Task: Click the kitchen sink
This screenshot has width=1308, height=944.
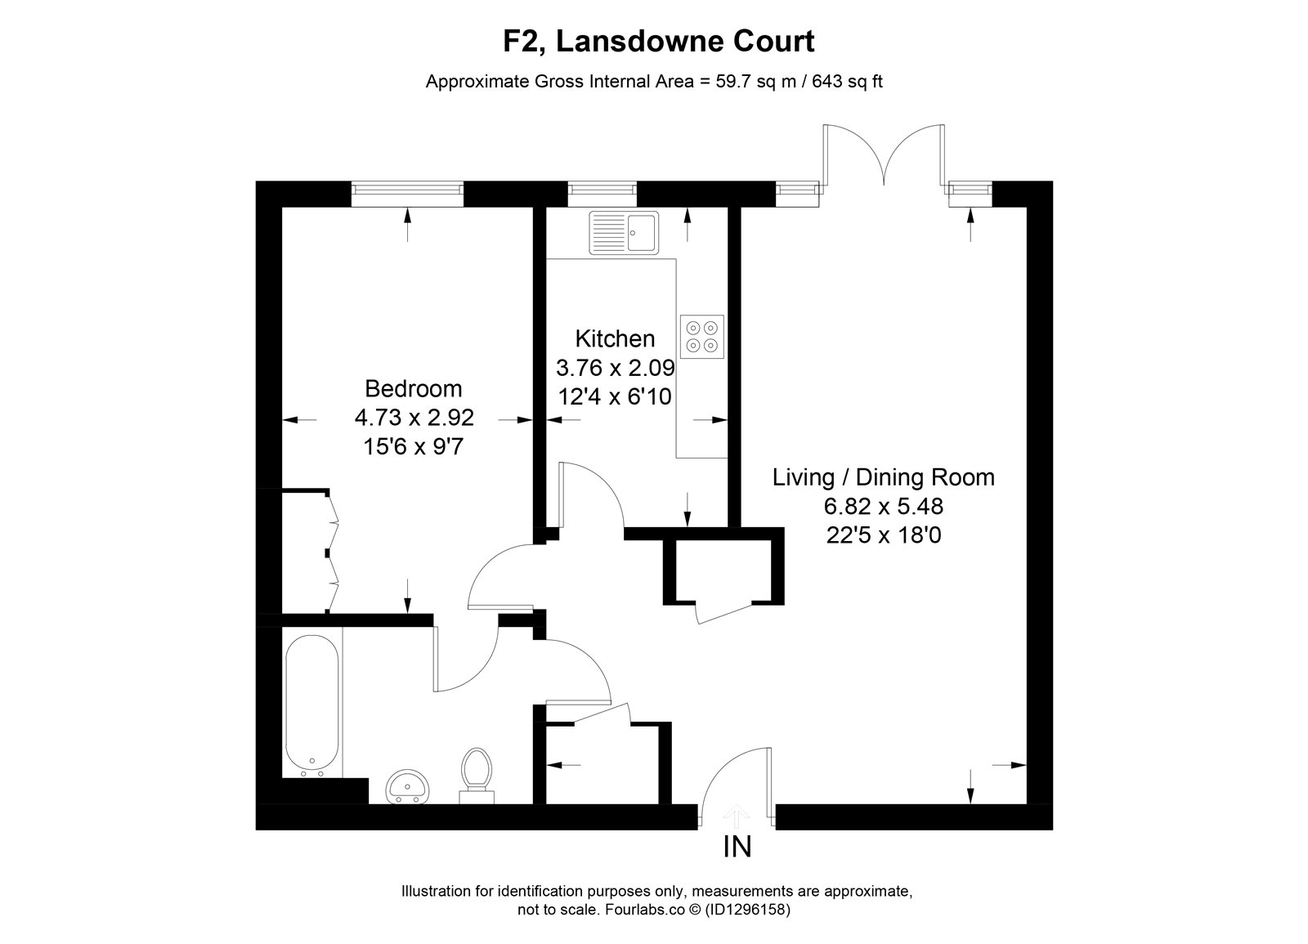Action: [624, 232]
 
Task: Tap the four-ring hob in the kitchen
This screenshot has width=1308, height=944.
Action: [702, 337]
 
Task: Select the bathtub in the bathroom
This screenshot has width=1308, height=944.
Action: [311, 706]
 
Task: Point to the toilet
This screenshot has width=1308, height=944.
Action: [477, 776]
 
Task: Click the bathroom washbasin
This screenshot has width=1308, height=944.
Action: [408, 786]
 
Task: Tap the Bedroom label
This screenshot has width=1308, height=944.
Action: [414, 388]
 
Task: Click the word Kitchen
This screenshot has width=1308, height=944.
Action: [615, 338]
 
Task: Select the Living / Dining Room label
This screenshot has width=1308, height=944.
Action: [884, 477]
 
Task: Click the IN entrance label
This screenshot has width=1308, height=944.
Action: [737, 847]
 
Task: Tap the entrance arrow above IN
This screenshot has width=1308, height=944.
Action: [737, 816]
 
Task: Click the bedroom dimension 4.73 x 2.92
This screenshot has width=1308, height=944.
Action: [414, 418]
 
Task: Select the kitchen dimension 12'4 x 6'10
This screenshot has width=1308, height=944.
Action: [615, 397]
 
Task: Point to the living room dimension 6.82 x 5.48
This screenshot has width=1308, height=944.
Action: [884, 506]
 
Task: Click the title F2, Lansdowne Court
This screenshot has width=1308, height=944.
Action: [659, 42]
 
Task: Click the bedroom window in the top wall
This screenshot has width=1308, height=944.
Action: [407, 194]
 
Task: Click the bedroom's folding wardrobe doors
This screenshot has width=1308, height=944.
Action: [332, 552]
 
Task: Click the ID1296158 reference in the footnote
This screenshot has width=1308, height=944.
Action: [748, 910]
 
